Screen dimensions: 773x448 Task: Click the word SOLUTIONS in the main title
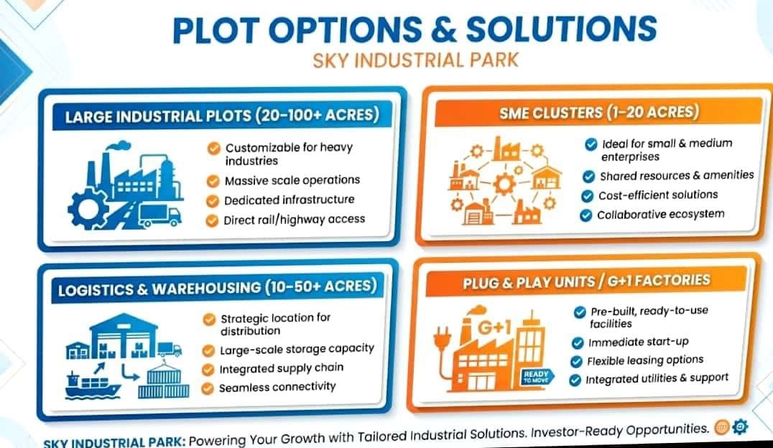pos(562,29)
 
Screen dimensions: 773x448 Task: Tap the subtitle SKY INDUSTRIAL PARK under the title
pos(415,60)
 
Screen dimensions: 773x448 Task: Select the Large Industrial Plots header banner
pos(222,116)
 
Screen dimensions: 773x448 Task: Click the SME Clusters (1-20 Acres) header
pos(599,113)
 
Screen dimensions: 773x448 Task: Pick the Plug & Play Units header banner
pos(587,281)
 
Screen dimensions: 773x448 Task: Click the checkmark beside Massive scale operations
pos(213,182)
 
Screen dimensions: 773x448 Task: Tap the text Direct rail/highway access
pos(295,220)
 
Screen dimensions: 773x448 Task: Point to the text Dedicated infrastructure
pos(290,200)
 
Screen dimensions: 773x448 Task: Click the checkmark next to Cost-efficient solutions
pos(587,196)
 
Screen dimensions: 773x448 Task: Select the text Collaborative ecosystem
pos(661,215)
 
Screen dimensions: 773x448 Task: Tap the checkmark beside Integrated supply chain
pos(208,370)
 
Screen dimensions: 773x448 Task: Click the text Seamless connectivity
pos(277,388)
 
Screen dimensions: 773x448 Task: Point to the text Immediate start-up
pos(639,342)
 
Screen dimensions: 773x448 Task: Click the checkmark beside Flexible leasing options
pos(576,362)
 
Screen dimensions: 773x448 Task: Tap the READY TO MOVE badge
pos(537,377)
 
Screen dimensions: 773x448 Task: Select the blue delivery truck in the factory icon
pos(159,216)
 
